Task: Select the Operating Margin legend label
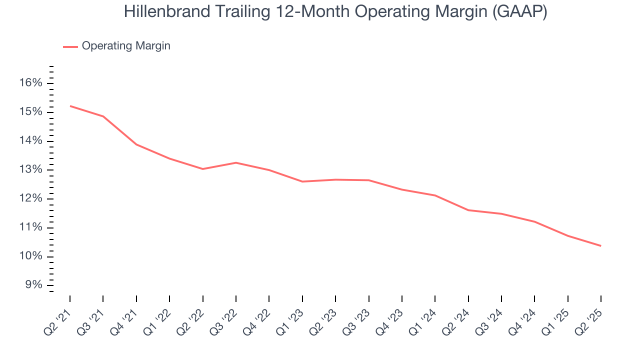126,46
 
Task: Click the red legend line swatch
70,46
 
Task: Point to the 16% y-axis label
31,83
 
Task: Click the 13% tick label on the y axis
31,170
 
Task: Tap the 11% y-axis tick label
31,228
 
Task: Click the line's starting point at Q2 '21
70,106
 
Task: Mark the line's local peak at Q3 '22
236,162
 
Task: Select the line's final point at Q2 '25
600,245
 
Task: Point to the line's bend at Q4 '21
136,144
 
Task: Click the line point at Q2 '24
468,210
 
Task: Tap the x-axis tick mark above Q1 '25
567,299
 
